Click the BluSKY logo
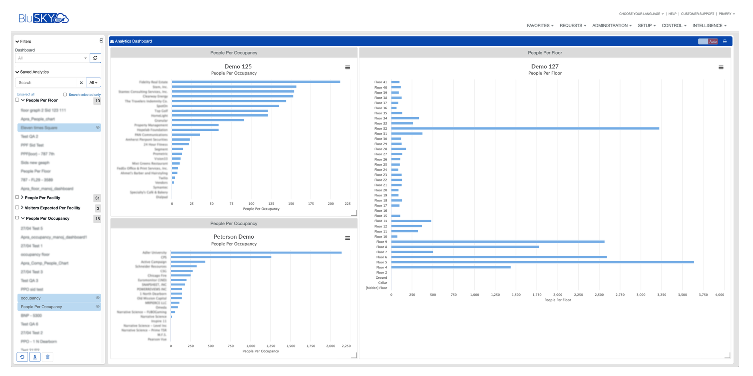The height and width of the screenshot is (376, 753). pos(43,18)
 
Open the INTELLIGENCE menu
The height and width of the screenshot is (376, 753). pos(709,26)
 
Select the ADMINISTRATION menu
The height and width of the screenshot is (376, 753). pos(611,26)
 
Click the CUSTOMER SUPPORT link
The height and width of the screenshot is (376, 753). pos(697,14)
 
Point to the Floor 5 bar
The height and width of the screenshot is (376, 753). pos(542,262)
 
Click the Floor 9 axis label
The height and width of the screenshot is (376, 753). pos(381,242)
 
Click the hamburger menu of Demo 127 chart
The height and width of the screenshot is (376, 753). pos(721,67)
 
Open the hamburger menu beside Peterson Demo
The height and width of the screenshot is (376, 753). pos(348,238)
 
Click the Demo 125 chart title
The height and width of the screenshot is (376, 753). pos(238,66)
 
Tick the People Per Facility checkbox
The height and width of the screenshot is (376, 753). pos(17,197)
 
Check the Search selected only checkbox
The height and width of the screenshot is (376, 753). pos(65,95)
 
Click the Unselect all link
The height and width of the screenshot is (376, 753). pos(26,94)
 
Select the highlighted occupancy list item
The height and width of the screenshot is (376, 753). pos(58,298)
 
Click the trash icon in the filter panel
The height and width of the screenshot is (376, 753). pos(47,357)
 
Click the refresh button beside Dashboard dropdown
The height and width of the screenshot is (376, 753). pos(95,58)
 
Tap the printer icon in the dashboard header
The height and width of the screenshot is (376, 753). pos(725,42)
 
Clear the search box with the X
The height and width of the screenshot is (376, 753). pos(81,83)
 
